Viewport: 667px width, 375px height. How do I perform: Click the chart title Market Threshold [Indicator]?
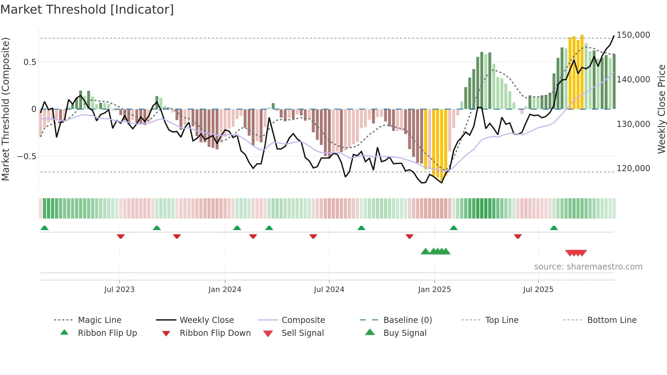tap(87, 10)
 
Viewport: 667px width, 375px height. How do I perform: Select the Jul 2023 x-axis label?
tap(119, 290)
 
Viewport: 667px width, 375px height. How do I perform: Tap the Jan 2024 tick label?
tap(225, 290)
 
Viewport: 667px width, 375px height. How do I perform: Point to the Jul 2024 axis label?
tap(329, 290)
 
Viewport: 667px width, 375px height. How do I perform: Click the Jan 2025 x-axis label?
tap(434, 290)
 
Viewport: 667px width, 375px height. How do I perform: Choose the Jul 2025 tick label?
tap(538, 290)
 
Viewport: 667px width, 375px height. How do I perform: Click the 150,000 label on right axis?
tap(633, 35)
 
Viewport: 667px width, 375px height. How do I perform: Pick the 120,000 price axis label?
tap(633, 168)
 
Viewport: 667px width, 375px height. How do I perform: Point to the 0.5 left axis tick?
tap(30, 62)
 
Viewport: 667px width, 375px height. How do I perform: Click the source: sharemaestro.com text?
tap(588, 267)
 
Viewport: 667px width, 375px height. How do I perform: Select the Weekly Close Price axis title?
tap(661, 109)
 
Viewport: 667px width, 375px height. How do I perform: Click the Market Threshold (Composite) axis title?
tap(5, 109)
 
